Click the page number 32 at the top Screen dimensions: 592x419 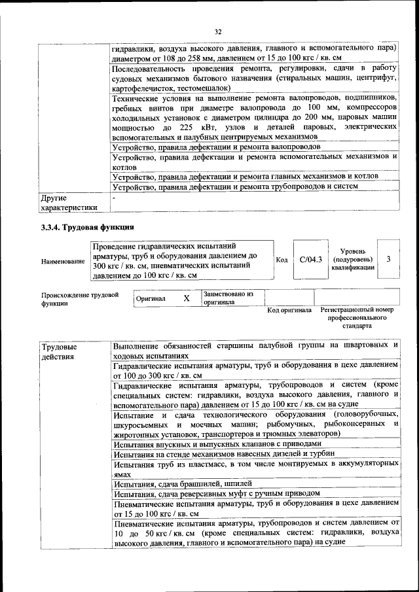point(218,31)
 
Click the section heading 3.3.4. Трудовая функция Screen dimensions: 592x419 point(88,227)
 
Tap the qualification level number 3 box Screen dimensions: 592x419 point(388,260)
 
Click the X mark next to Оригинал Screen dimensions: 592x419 point(186,298)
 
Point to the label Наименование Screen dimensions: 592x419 point(63,262)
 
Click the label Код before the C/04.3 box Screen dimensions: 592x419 point(282,260)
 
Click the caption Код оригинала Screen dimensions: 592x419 point(290,310)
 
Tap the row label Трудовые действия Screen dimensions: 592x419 point(58,351)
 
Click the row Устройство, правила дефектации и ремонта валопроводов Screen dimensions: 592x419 point(215,148)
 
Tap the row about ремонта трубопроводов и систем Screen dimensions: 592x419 point(235,186)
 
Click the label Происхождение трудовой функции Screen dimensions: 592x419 point(79,299)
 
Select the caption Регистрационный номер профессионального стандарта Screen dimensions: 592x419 point(357,317)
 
